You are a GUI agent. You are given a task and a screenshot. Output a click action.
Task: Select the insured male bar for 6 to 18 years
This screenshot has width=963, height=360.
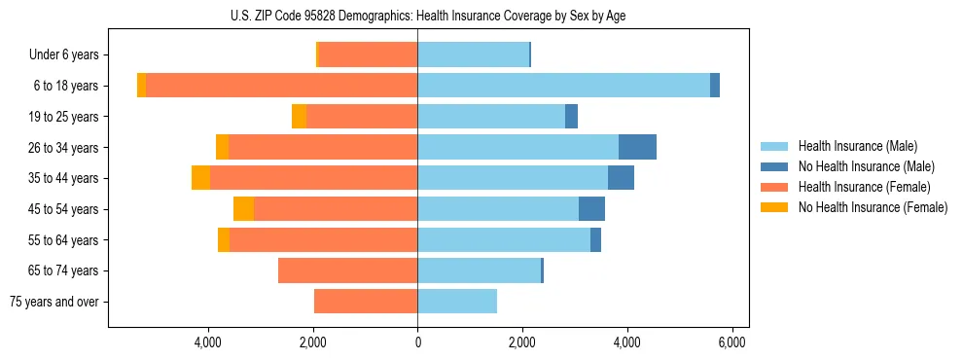(563, 86)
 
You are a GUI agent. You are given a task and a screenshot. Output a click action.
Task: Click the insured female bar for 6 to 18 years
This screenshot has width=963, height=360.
(281, 86)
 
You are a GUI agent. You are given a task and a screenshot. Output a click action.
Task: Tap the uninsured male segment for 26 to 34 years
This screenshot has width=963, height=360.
(637, 147)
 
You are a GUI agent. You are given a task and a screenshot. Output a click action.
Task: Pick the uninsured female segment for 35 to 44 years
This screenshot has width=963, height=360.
(200, 178)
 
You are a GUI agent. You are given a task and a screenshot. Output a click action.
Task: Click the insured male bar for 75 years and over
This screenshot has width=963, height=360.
(457, 302)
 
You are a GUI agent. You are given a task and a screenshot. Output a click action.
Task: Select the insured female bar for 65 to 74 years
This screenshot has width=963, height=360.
(347, 270)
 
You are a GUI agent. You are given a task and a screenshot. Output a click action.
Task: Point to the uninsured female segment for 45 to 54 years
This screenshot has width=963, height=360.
(243, 209)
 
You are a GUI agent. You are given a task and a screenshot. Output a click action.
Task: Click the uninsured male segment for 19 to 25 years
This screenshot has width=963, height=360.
(571, 117)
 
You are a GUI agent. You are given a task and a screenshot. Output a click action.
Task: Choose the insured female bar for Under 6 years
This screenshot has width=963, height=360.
(368, 54)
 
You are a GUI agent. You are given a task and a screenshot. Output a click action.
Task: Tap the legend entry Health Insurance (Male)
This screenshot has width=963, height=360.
(857, 146)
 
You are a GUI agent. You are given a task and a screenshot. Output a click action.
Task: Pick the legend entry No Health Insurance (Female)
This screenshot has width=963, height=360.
(872, 207)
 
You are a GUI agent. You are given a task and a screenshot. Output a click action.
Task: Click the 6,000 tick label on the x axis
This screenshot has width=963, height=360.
(731, 342)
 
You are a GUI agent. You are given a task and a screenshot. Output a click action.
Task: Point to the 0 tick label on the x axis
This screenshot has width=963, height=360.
(417, 342)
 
